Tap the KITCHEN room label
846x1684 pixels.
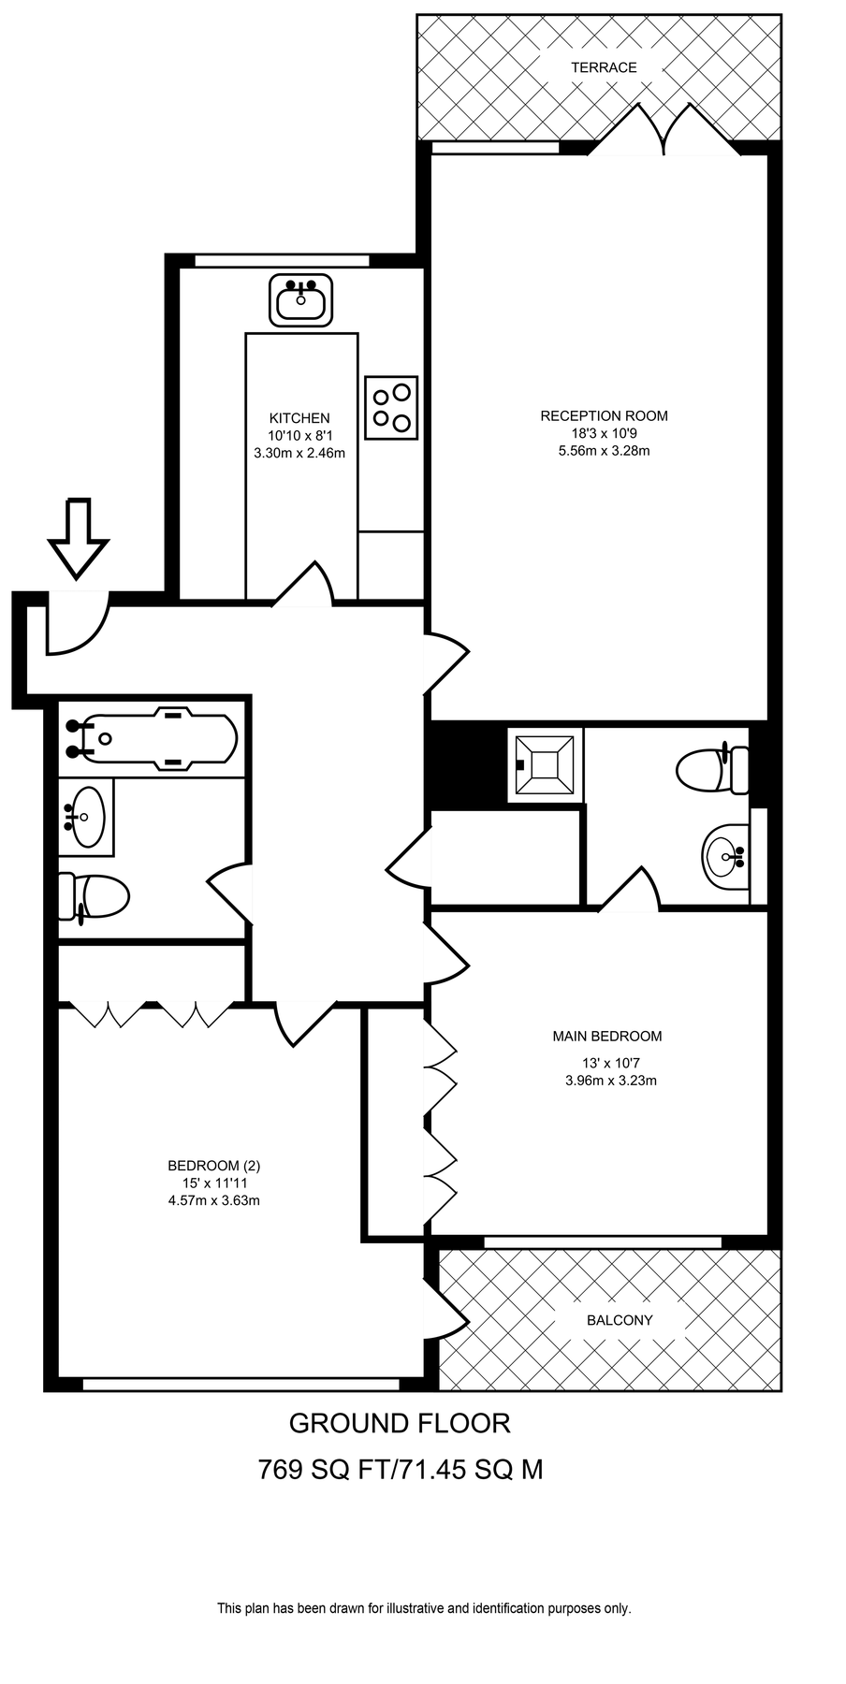coord(299,418)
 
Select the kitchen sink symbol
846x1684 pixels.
coord(301,300)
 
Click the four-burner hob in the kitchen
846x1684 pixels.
coord(391,407)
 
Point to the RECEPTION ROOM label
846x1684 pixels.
coord(604,415)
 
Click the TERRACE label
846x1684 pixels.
coord(604,67)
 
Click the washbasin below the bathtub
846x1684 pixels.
coord(87,816)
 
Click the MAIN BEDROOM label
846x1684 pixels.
coord(606,1036)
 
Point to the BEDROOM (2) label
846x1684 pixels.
coord(213,1166)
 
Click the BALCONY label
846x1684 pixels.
coord(619,1320)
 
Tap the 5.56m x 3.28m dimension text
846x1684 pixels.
coord(604,450)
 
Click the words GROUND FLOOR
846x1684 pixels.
coord(400,1423)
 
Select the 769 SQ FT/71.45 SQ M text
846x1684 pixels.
coord(400,1470)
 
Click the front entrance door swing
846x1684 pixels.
coord(80,625)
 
